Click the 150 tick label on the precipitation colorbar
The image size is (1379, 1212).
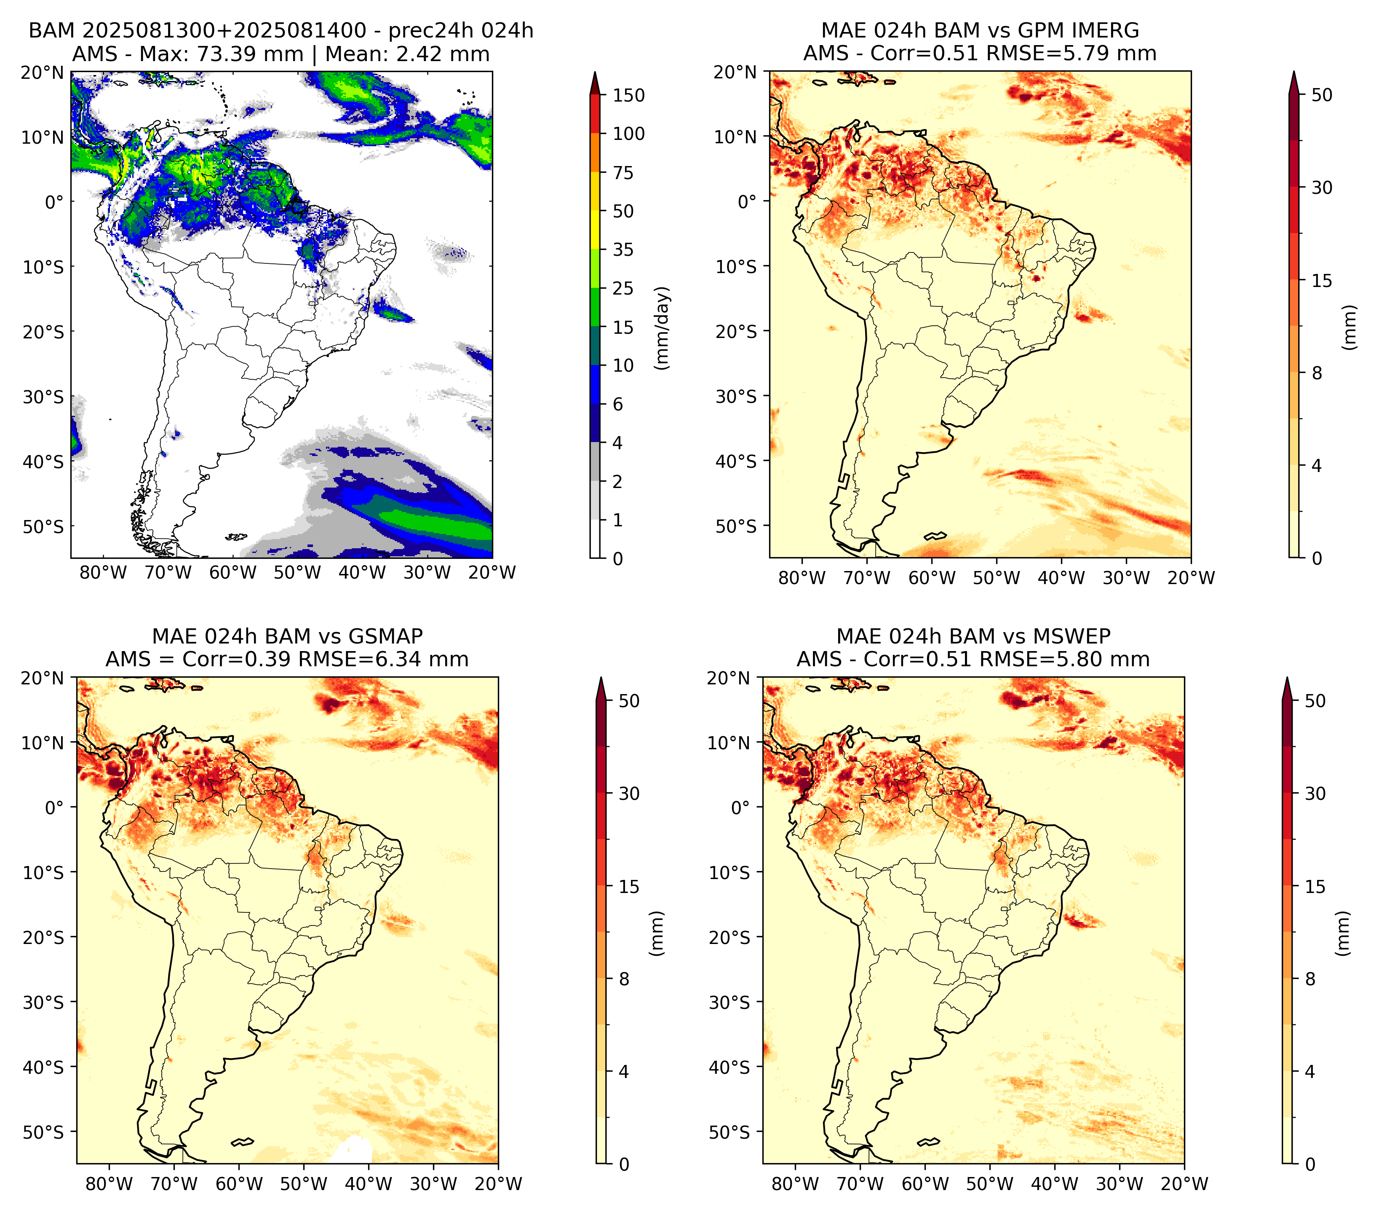[x=628, y=95]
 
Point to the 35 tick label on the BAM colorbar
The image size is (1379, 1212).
[x=623, y=249]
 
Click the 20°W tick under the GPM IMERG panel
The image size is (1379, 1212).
[x=1191, y=578]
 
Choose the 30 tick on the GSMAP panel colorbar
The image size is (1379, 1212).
[x=629, y=794]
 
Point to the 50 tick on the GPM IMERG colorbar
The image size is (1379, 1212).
[x=1322, y=95]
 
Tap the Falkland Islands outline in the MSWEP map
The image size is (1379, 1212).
[x=929, y=1142]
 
